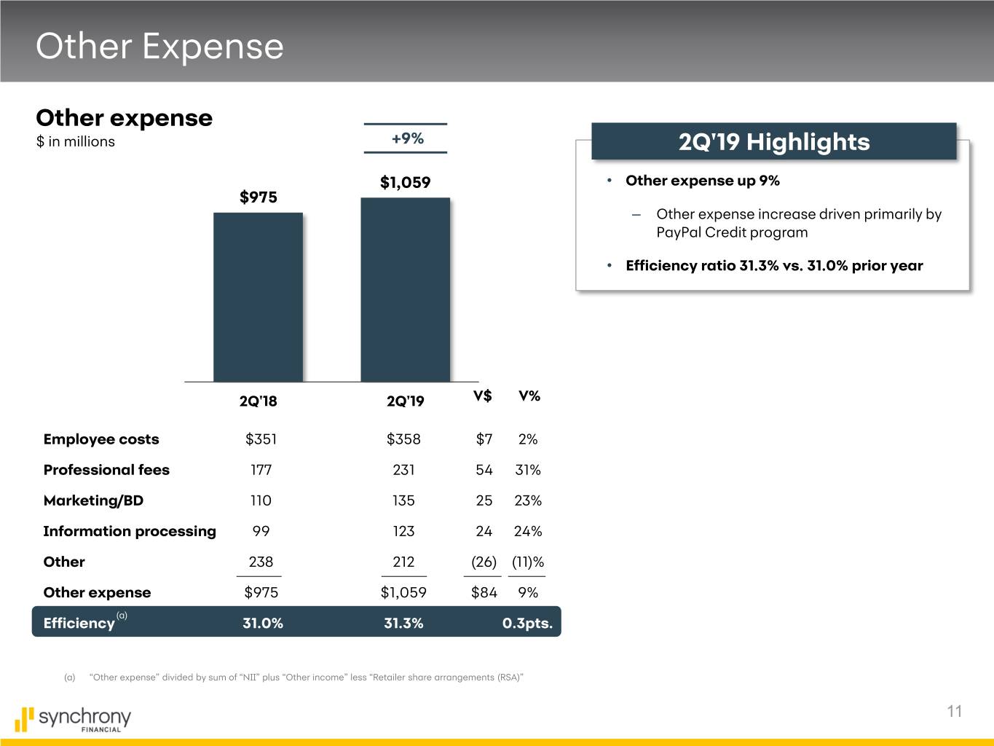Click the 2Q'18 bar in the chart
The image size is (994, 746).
click(x=258, y=297)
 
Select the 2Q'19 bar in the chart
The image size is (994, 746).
click(x=405, y=289)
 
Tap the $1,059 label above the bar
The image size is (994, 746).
click(x=405, y=182)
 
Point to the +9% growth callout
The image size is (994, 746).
click(x=407, y=138)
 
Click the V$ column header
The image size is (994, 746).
click(x=482, y=396)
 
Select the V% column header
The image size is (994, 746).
click(x=529, y=396)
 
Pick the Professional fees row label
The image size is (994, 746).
click(x=106, y=470)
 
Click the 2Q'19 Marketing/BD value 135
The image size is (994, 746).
click(x=403, y=500)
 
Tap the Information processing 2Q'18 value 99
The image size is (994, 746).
click(x=261, y=531)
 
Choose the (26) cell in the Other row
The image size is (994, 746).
click(x=484, y=562)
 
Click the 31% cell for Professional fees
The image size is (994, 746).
click(x=528, y=470)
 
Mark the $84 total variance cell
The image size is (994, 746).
click(x=484, y=592)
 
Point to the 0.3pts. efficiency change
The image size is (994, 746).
click(x=527, y=623)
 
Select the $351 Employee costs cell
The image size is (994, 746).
click(x=261, y=439)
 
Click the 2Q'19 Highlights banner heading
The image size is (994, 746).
click(x=773, y=141)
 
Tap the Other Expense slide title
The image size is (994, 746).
click(x=159, y=46)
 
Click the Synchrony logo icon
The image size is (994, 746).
click(x=24, y=719)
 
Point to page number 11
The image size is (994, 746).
click(x=955, y=712)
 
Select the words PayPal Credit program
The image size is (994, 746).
click(x=732, y=232)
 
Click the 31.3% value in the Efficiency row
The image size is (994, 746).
click(x=403, y=623)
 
